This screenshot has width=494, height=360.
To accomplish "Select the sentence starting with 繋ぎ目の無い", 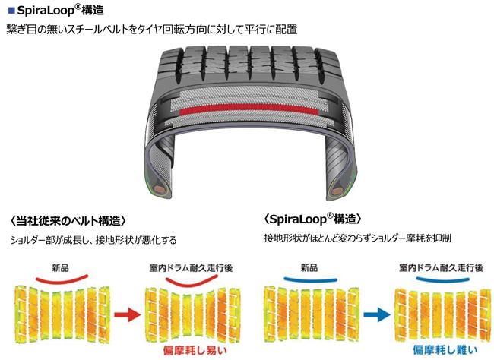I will (x=152, y=29).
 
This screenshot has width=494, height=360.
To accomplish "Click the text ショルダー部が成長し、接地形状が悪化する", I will (x=93, y=239).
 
